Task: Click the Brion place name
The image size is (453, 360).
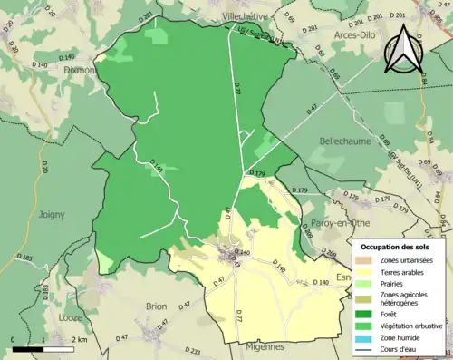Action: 156,306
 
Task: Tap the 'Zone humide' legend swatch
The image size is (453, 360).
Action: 367,336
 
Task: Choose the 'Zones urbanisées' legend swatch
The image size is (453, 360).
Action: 367,260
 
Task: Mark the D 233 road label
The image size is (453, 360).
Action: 191,350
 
